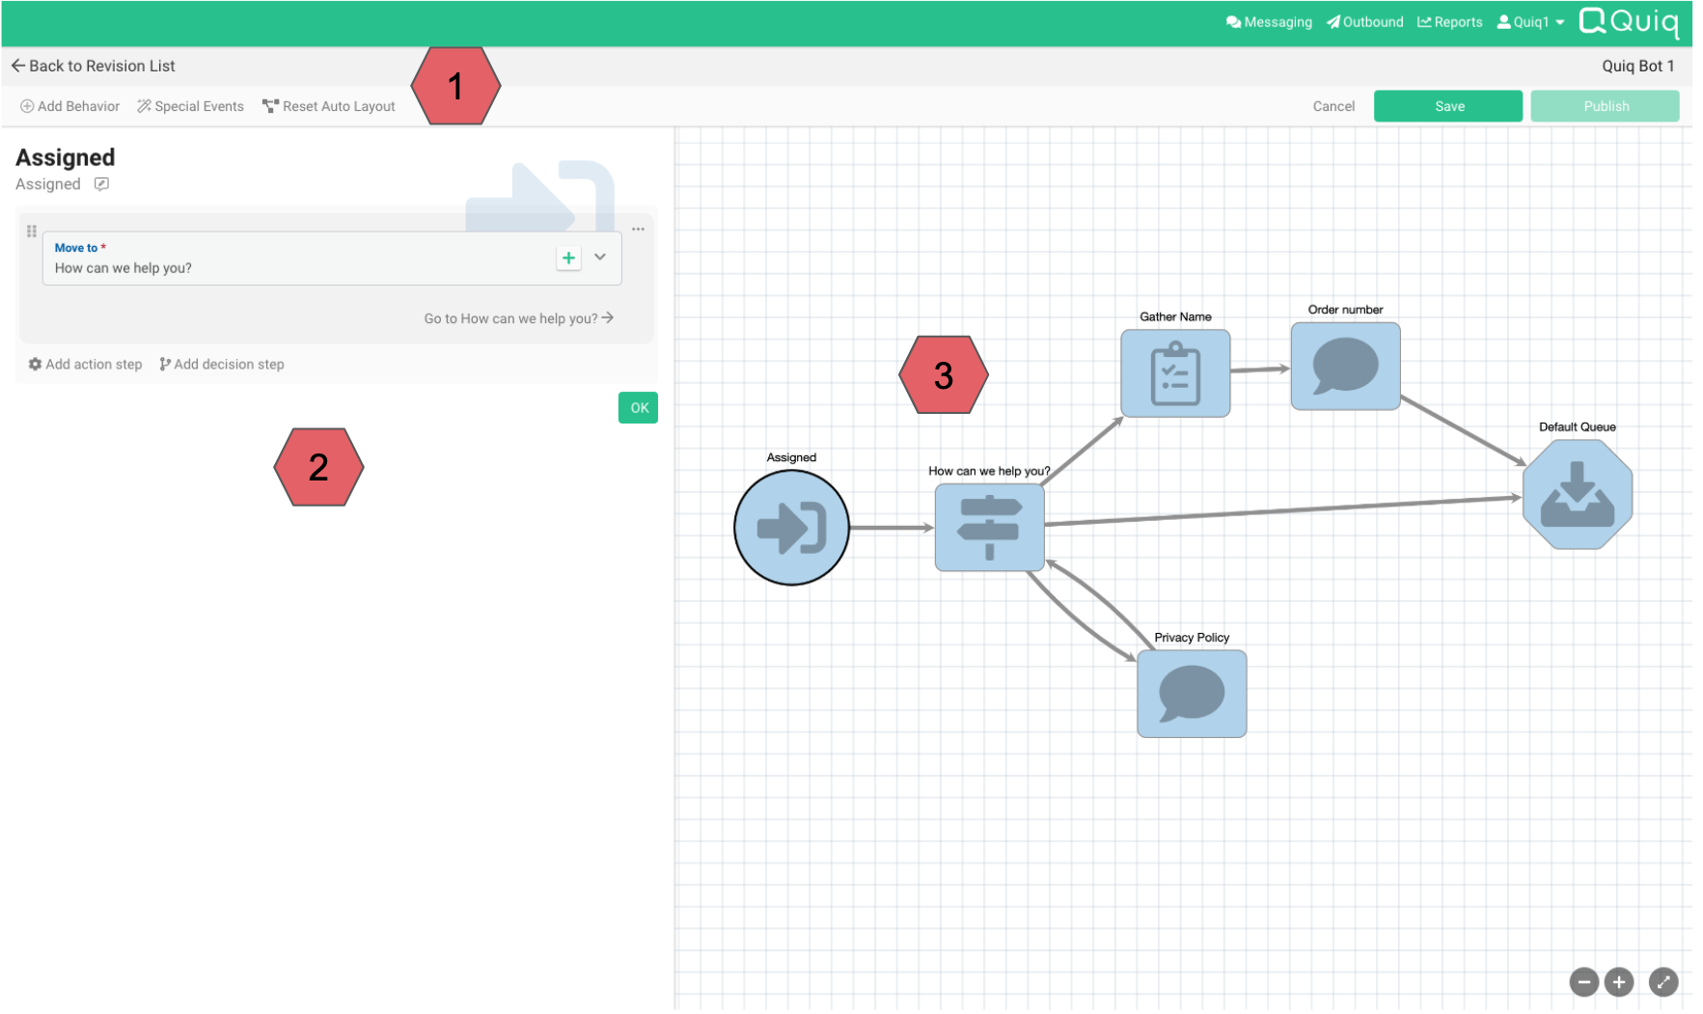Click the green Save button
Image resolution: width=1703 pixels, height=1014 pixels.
(x=1447, y=106)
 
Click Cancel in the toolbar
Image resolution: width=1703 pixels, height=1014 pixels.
(x=1333, y=106)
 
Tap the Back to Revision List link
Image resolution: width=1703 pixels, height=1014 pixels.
(x=94, y=66)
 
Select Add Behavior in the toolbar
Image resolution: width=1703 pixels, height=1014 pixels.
(x=70, y=106)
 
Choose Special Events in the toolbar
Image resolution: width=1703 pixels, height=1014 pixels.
(x=191, y=106)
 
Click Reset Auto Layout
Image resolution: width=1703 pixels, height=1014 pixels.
(x=329, y=106)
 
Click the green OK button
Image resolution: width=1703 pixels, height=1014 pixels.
(x=638, y=408)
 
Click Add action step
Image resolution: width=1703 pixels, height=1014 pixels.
(x=86, y=365)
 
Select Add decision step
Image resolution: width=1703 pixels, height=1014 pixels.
(x=222, y=365)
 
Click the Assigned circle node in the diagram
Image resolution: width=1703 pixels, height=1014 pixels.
(x=791, y=528)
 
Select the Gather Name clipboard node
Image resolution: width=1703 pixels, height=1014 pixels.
(x=1175, y=373)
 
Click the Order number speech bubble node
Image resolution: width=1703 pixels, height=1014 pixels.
(x=1345, y=367)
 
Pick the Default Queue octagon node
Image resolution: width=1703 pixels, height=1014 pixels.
(x=1577, y=495)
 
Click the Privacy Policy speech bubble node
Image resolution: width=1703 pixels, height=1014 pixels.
(x=1192, y=694)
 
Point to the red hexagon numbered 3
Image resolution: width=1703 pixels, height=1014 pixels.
(x=943, y=375)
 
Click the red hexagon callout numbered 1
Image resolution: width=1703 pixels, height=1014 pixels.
(x=455, y=87)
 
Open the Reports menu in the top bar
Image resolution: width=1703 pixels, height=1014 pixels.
(x=1449, y=22)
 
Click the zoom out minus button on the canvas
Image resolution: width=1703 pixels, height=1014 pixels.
(x=1583, y=982)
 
